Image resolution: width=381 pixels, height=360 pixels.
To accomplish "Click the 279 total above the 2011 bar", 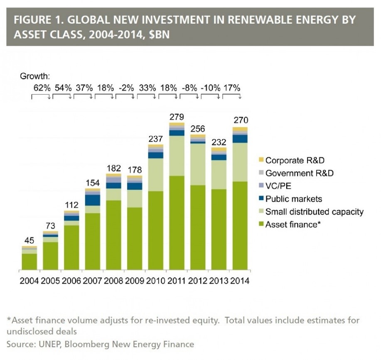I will [177, 117].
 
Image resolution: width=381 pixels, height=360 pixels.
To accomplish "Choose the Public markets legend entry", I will [293, 199].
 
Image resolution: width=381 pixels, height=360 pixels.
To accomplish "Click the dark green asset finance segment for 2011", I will [177, 222].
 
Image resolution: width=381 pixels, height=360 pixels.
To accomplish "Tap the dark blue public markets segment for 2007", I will [92, 200].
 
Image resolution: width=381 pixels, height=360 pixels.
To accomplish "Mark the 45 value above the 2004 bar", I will [29, 240].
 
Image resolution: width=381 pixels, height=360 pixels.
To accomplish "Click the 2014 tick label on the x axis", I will [240, 280].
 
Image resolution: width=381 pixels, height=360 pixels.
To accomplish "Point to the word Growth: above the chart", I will [35, 76].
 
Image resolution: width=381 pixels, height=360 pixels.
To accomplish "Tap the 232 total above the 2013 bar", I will [219, 141].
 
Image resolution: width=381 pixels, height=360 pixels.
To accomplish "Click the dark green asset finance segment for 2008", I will [113, 235].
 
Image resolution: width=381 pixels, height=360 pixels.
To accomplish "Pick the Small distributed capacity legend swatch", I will [261, 212].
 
